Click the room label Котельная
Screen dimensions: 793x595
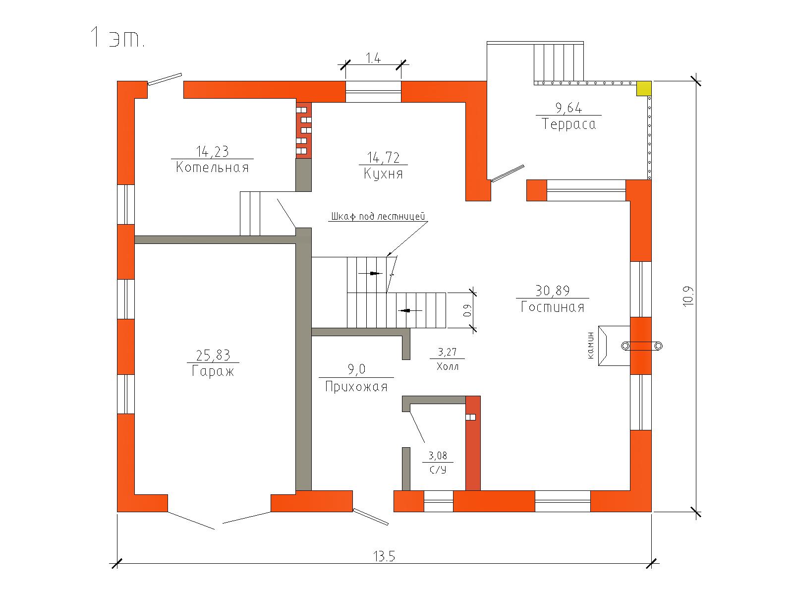[x=213, y=167]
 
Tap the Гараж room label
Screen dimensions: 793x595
[x=213, y=371]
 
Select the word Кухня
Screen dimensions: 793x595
[x=383, y=174]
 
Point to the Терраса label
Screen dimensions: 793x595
[x=568, y=124]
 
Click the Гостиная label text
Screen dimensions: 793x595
[x=553, y=307]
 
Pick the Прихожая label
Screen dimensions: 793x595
[x=356, y=387]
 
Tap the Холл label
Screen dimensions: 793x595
[x=448, y=366]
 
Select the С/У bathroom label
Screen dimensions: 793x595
[x=438, y=470]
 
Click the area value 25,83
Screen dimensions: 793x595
[x=213, y=356]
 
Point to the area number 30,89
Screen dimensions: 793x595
[x=553, y=291]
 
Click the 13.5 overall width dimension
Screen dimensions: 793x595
[x=384, y=556]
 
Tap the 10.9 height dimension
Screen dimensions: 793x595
[x=688, y=296]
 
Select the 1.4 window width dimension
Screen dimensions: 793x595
[x=373, y=58]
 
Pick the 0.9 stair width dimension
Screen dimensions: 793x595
[x=467, y=310]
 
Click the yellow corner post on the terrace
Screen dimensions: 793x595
[x=644, y=89]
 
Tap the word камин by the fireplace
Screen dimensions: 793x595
[x=590, y=346]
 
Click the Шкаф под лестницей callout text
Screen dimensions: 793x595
[x=378, y=216]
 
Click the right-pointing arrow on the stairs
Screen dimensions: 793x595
[x=371, y=274]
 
